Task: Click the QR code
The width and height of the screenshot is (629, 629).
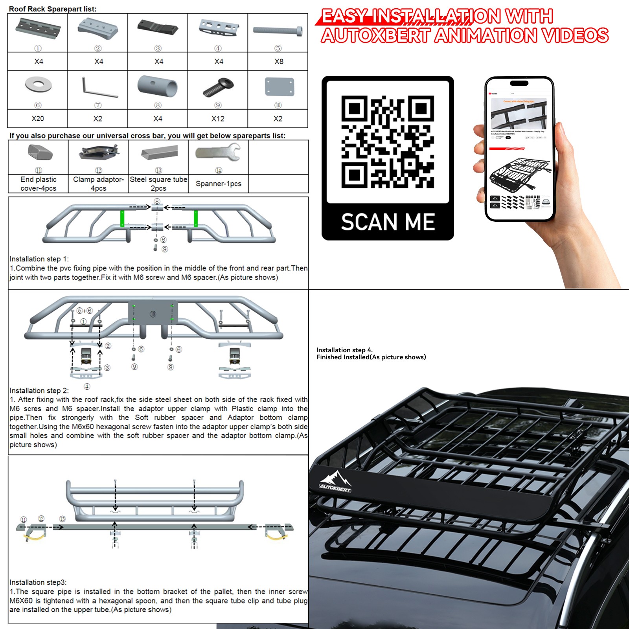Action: (387, 142)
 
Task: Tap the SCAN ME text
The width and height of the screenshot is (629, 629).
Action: (388, 222)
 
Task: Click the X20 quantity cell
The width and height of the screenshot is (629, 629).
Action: (38, 118)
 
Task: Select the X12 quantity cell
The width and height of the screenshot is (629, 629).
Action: (218, 118)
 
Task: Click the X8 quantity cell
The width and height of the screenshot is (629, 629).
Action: (278, 61)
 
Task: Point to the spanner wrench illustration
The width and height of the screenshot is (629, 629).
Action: (218, 153)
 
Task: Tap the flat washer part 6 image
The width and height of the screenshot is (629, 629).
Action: (38, 85)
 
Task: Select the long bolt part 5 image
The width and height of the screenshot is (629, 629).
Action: (278, 30)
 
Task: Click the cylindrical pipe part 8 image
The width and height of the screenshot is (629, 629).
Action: (157, 86)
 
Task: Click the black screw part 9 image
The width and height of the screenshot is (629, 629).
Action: (218, 86)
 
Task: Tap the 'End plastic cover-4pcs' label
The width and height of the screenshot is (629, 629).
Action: (38, 184)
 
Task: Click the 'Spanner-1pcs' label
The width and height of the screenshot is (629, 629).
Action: (219, 184)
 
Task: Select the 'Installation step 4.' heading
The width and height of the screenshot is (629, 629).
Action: (344, 350)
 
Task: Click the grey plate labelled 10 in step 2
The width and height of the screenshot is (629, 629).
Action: (153, 313)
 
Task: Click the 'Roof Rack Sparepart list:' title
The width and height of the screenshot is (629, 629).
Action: (53, 9)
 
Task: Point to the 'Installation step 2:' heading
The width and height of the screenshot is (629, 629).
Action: (39, 390)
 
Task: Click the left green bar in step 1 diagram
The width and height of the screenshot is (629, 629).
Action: (122, 219)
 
